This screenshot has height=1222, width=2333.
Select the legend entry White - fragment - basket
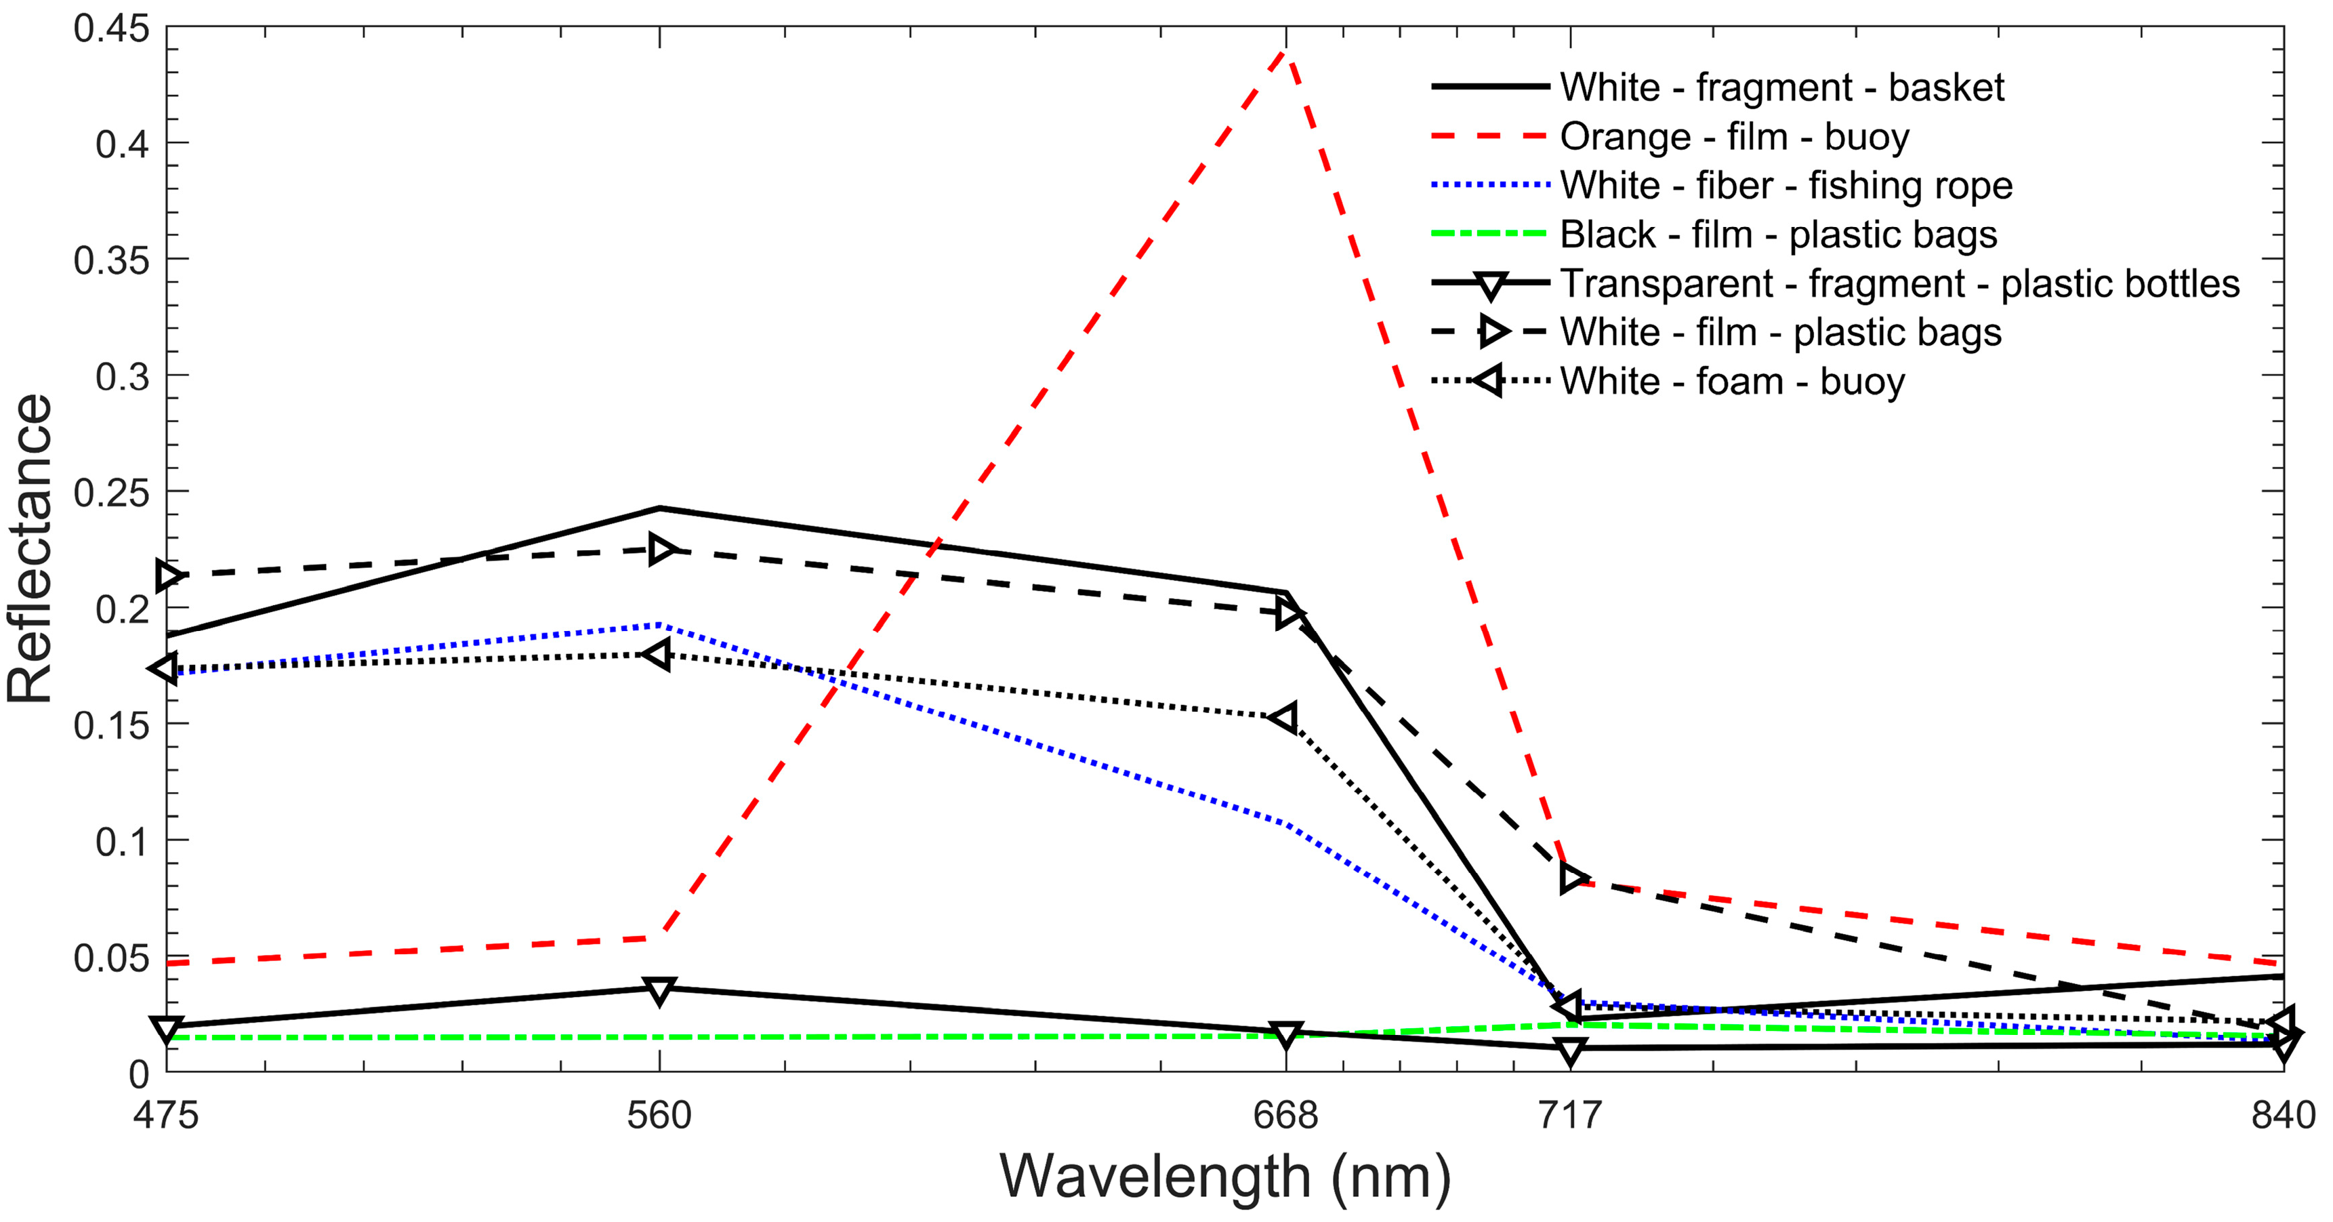pos(1781,88)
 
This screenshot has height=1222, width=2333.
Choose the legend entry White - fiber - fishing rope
pos(1785,186)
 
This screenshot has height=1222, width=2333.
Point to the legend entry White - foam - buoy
pos(1732,382)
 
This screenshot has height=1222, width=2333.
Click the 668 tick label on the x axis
pos(1285,1115)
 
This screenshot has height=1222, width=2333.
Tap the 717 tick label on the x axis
pos(1569,1115)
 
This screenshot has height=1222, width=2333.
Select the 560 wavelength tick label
pos(659,1115)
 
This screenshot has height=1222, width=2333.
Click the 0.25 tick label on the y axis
pos(111,493)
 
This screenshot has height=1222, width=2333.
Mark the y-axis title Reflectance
pos(30,549)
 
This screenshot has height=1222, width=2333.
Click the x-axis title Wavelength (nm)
pos(1224,1177)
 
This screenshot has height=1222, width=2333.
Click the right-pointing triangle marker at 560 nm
pos(662,550)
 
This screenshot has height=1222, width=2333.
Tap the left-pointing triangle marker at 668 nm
pos(1283,718)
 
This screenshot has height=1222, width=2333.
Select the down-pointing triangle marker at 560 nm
pos(659,990)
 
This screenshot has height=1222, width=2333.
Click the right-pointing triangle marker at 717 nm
pos(1573,877)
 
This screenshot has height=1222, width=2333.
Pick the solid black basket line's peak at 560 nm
pos(659,508)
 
